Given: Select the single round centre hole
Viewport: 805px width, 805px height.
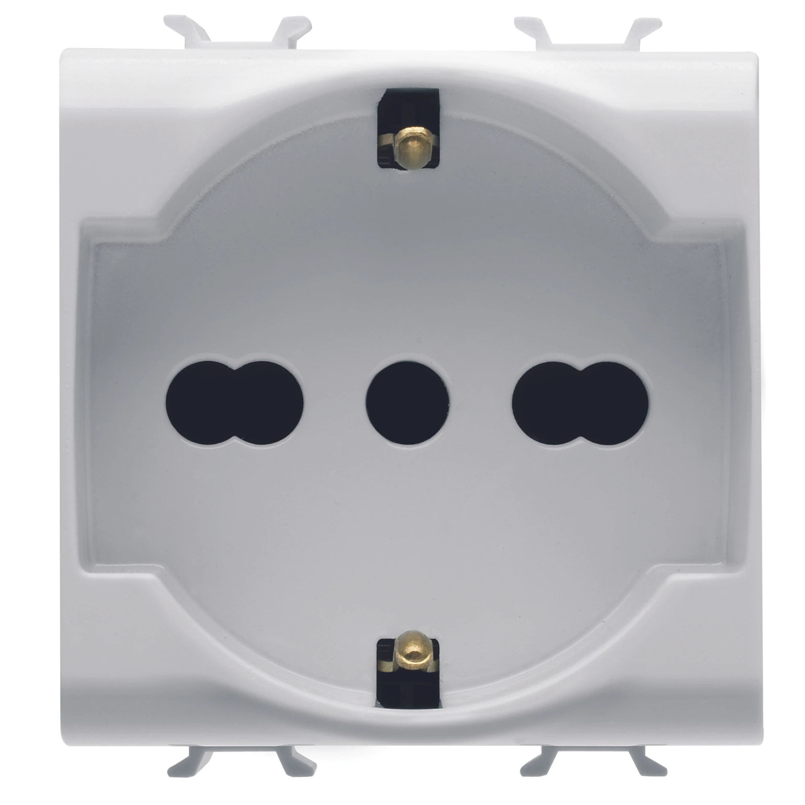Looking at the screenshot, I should click(407, 402).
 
